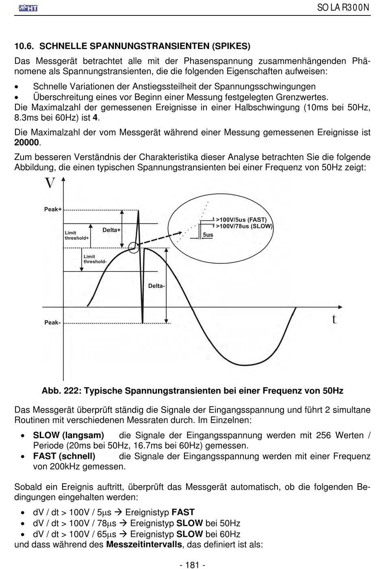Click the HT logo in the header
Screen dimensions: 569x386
coord(28,7)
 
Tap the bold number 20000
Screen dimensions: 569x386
coord(27,143)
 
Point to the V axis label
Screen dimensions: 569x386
coord(50,184)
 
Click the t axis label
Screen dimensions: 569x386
coord(334,319)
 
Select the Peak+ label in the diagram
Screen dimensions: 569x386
coord(53,209)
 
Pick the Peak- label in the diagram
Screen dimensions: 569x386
coord(52,323)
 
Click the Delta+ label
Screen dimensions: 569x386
coord(111,230)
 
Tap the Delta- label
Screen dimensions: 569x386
coord(156,286)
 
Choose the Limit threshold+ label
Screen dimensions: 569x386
coord(77,235)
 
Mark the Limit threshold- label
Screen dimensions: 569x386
coord(95,259)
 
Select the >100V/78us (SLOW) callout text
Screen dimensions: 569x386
coord(244,226)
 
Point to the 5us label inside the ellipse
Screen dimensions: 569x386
coord(208,235)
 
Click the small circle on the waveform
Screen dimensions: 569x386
coord(134,247)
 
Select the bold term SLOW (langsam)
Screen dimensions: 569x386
coord(68,435)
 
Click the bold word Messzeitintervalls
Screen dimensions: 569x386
coord(144,545)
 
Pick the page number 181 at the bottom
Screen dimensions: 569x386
coord(192,565)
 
